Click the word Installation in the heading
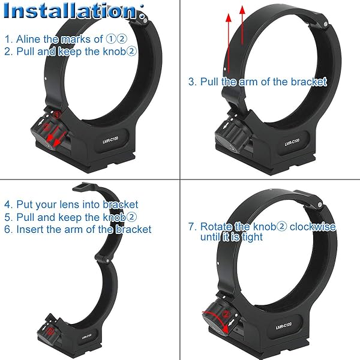[70, 11]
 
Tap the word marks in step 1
[76, 39]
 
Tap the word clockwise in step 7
[313, 227]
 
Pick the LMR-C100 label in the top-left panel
[110, 140]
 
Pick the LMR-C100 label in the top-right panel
[292, 142]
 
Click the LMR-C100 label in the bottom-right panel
[284, 326]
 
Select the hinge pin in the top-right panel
[325, 23]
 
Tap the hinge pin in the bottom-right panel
[319, 204]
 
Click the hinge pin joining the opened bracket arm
[107, 260]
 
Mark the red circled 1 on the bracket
[56, 114]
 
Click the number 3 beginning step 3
[191, 82]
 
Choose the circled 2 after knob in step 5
[131, 217]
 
